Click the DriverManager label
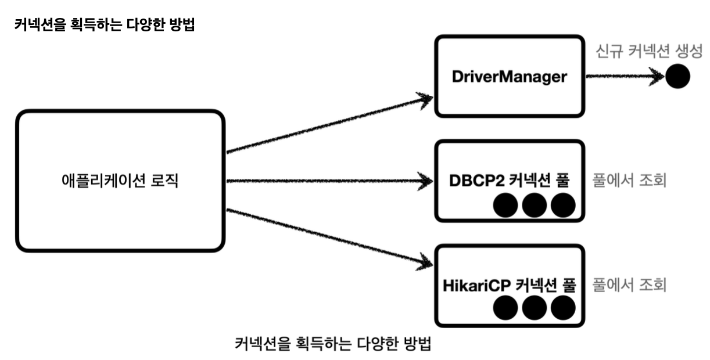point(510,77)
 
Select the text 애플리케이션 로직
point(120,181)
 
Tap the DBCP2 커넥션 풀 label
point(510,181)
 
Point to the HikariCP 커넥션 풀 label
point(510,285)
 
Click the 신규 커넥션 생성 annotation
point(649,51)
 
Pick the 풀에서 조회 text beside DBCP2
point(629,181)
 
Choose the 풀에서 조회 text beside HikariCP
point(629,285)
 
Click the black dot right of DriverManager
point(677,76)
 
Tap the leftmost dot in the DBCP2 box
point(505,205)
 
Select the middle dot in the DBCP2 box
point(535,205)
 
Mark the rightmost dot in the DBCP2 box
point(563,205)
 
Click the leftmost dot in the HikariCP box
point(505,308)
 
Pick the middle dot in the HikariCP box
point(535,308)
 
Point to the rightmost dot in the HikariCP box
point(563,308)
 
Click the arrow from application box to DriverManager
point(329,125)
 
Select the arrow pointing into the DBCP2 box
point(329,181)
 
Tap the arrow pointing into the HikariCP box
point(329,237)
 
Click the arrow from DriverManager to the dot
point(625,76)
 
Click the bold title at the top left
point(105,24)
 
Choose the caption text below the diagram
point(333,344)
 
